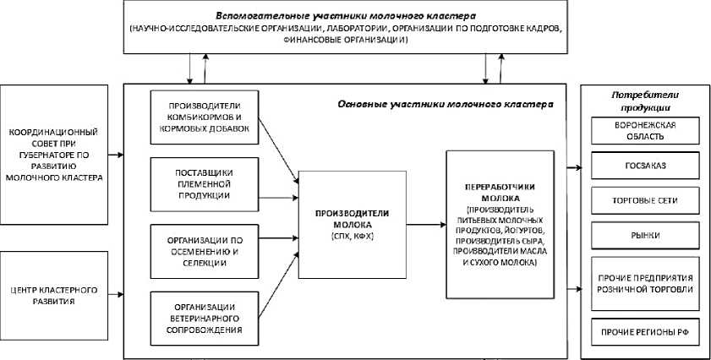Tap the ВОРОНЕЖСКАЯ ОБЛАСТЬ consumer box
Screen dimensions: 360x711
tap(645, 130)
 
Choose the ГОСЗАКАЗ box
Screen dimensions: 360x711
tap(645, 166)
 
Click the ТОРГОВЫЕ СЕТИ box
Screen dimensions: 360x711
tap(645, 201)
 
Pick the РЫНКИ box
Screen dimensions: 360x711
tap(645, 236)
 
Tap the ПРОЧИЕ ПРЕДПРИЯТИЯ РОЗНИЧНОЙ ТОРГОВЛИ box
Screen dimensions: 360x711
tap(645, 281)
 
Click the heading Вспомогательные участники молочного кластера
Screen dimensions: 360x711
tap(346, 16)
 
